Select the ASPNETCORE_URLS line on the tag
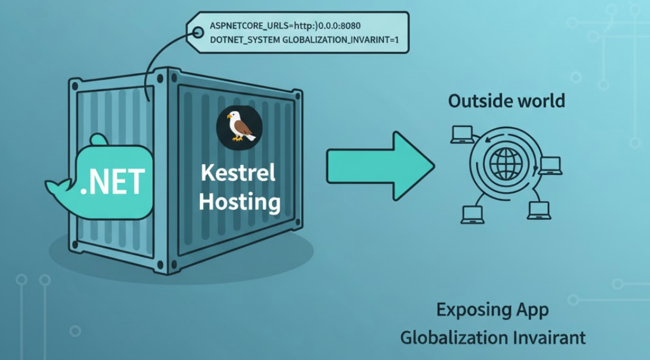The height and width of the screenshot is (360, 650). [285, 26]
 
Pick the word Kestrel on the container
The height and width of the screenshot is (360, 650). [238, 173]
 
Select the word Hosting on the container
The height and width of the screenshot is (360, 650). [239, 201]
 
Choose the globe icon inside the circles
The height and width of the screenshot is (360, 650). [505, 163]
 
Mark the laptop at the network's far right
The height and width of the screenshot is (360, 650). [549, 165]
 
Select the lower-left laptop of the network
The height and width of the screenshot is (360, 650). [472, 213]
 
